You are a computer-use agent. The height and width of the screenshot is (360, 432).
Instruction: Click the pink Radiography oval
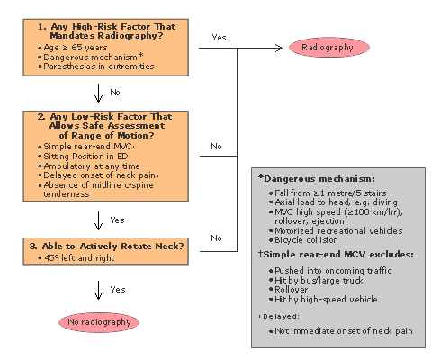(x=329, y=48)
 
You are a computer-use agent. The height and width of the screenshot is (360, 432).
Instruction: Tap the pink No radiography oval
(x=99, y=322)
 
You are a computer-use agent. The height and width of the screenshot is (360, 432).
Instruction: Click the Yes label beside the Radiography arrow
(x=219, y=38)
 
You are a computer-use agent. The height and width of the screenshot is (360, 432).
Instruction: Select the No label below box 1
(x=115, y=93)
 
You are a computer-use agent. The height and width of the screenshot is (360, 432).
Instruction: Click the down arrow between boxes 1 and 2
(x=98, y=94)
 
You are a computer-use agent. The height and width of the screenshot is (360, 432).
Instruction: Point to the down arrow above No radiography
(x=98, y=290)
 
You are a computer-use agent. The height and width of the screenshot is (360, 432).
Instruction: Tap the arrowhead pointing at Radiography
(x=280, y=48)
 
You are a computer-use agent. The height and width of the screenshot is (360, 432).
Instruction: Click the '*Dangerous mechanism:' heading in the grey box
(x=317, y=179)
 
